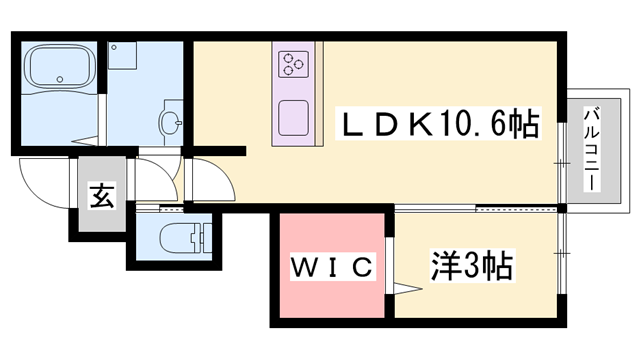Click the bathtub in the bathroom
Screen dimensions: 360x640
(x=56, y=68)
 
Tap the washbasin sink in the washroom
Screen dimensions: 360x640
(x=171, y=123)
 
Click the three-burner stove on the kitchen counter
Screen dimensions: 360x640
(x=293, y=64)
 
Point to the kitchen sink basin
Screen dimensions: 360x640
(x=292, y=117)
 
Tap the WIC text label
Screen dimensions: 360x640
(x=332, y=267)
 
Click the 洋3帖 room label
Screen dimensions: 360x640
(x=471, y=266)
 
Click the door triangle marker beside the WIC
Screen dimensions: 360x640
(x=405, y=290)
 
